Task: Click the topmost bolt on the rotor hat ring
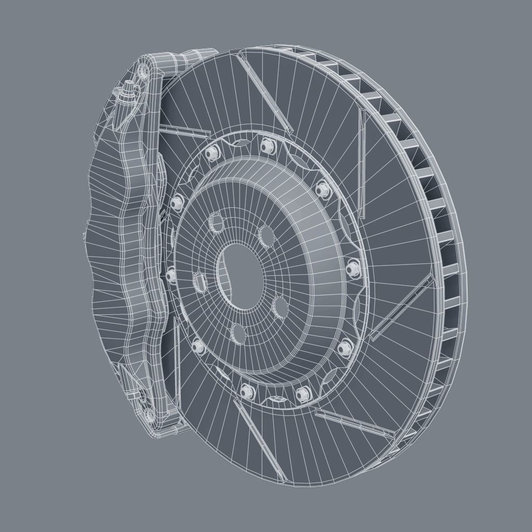(267, 146)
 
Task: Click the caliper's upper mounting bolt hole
(143, 71)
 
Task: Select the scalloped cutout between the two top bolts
(240, 142)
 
